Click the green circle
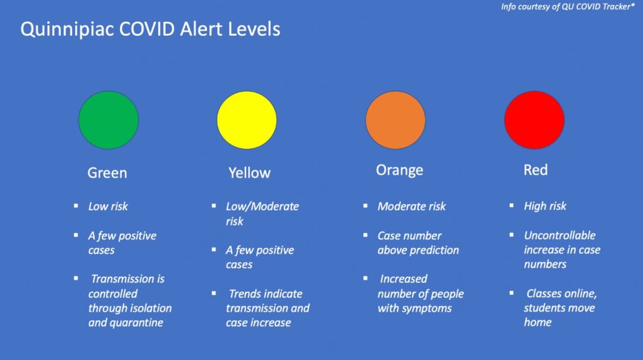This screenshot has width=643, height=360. (x=109, y=120)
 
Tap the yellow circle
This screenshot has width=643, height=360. (x=247, y=120)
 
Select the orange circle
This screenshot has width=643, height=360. (x=396, y=120)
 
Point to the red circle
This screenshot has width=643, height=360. (x=534, y=120)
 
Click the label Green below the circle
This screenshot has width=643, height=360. (x=107, y=173)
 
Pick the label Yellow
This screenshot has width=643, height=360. (x=249, y=173)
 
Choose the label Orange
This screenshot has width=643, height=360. (x=399, y=170)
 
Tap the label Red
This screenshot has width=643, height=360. (x=536, y=170)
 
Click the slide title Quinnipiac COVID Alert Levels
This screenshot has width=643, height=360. (x=151, y=30)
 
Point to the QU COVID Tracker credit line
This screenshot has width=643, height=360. (x=568, y=6)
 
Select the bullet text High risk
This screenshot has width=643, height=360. (x=545, y=206)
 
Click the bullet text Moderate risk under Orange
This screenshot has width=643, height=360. (x=411, y=206)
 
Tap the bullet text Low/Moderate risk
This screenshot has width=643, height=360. (x=262, y=214)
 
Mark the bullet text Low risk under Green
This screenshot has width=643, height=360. (x=108, y=206)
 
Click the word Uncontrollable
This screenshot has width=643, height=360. (x=559, y=235)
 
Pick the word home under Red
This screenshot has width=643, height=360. (x=538, y=322)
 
